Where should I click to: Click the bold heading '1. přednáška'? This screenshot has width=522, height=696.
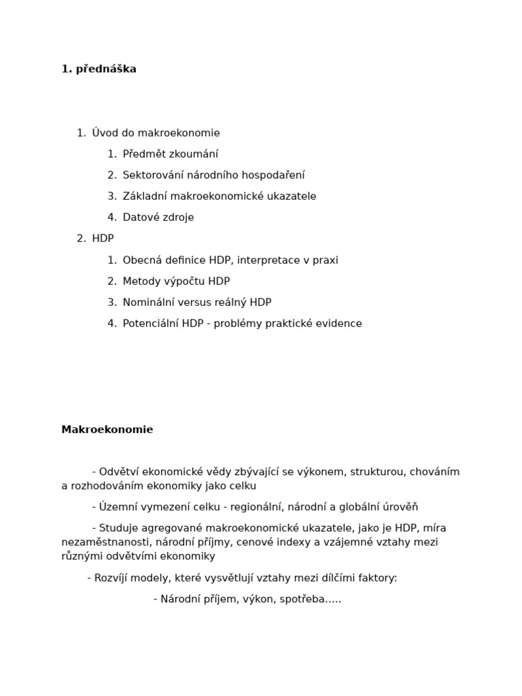point(99,69)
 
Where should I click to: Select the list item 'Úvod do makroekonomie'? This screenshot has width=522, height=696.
point(156,133)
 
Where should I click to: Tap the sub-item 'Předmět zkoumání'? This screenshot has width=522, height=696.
point(171,154)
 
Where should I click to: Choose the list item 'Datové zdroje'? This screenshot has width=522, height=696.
point(158,217)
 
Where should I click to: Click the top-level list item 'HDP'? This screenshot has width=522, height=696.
point(103,239)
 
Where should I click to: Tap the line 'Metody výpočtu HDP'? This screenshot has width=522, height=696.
point(176,281)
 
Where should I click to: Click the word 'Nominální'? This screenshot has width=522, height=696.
point(147,302)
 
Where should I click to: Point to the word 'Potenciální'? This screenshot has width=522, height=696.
point(150,324)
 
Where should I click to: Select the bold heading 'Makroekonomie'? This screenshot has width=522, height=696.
point(107,430)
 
